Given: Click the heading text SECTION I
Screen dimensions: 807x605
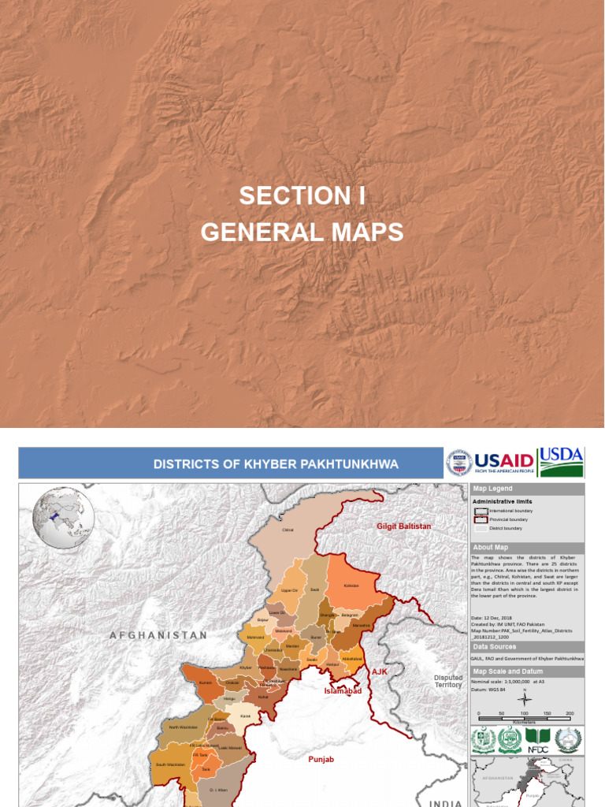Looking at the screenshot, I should pyautogui.click(x=302, y=196).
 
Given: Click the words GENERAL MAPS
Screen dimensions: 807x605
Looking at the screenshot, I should pyautogui.click(x=302, y=232).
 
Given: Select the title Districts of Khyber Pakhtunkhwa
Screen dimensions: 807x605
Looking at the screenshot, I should pyautogui.click(x=276, y=464).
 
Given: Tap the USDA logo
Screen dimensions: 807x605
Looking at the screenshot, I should pyautogui.click(x=561, y=462).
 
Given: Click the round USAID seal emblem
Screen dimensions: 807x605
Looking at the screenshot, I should pyautogui.click(x=459, y=463).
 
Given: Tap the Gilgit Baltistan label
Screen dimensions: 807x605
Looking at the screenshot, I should pyautogui.click(x=403, y=526).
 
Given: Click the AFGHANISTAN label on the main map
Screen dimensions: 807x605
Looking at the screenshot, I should pyautogui.click(x=158, y=635).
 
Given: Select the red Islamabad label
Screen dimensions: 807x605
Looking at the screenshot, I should pyautogui.click(x=343, y=691).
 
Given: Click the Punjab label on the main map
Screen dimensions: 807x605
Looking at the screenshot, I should pyautogui.click(x=321, y=759).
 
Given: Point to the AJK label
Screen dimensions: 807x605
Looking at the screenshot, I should pyautogui.click(x=380, y=671).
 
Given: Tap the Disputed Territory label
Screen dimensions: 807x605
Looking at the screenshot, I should pyautogui.click(x=448, y=682).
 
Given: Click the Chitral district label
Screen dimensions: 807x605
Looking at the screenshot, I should pyautogui.click(x=288, y=530).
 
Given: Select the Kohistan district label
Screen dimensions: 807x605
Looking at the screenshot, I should pyautogui.click(x=351, y=586).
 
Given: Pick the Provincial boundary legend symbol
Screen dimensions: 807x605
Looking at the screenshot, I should pyautogui.click(x=480, y=519).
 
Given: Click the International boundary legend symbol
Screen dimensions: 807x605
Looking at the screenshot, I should pyautogui.click(x=480, y=511).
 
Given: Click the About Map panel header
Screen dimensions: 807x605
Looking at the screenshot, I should pyautogui.click(x=527, y=548).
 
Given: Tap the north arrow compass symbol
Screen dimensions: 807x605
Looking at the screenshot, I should pyautogui.click(x=525, y=697).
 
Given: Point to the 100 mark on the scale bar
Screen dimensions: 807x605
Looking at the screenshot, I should pyautogui.click(x=525, y=713).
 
